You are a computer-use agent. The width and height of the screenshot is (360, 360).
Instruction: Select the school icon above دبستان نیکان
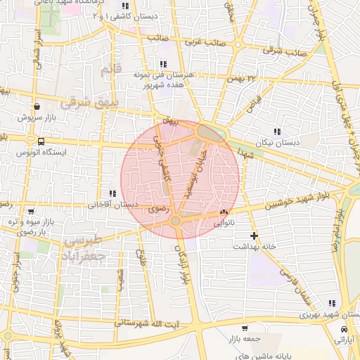tap(277, 131)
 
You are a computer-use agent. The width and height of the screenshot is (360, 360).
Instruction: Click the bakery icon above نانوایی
tap(224, 211)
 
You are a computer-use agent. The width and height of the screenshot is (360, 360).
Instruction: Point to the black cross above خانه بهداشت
tap(254, 235)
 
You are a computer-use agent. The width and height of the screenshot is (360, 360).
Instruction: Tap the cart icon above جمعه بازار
tap(243, 328)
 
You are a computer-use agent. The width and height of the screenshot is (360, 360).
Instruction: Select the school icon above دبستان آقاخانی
tap(111, 193)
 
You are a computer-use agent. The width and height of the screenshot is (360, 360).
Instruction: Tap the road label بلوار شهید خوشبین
tap(281, 199)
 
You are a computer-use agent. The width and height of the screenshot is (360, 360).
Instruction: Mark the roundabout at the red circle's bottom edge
tap(175, 221)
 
